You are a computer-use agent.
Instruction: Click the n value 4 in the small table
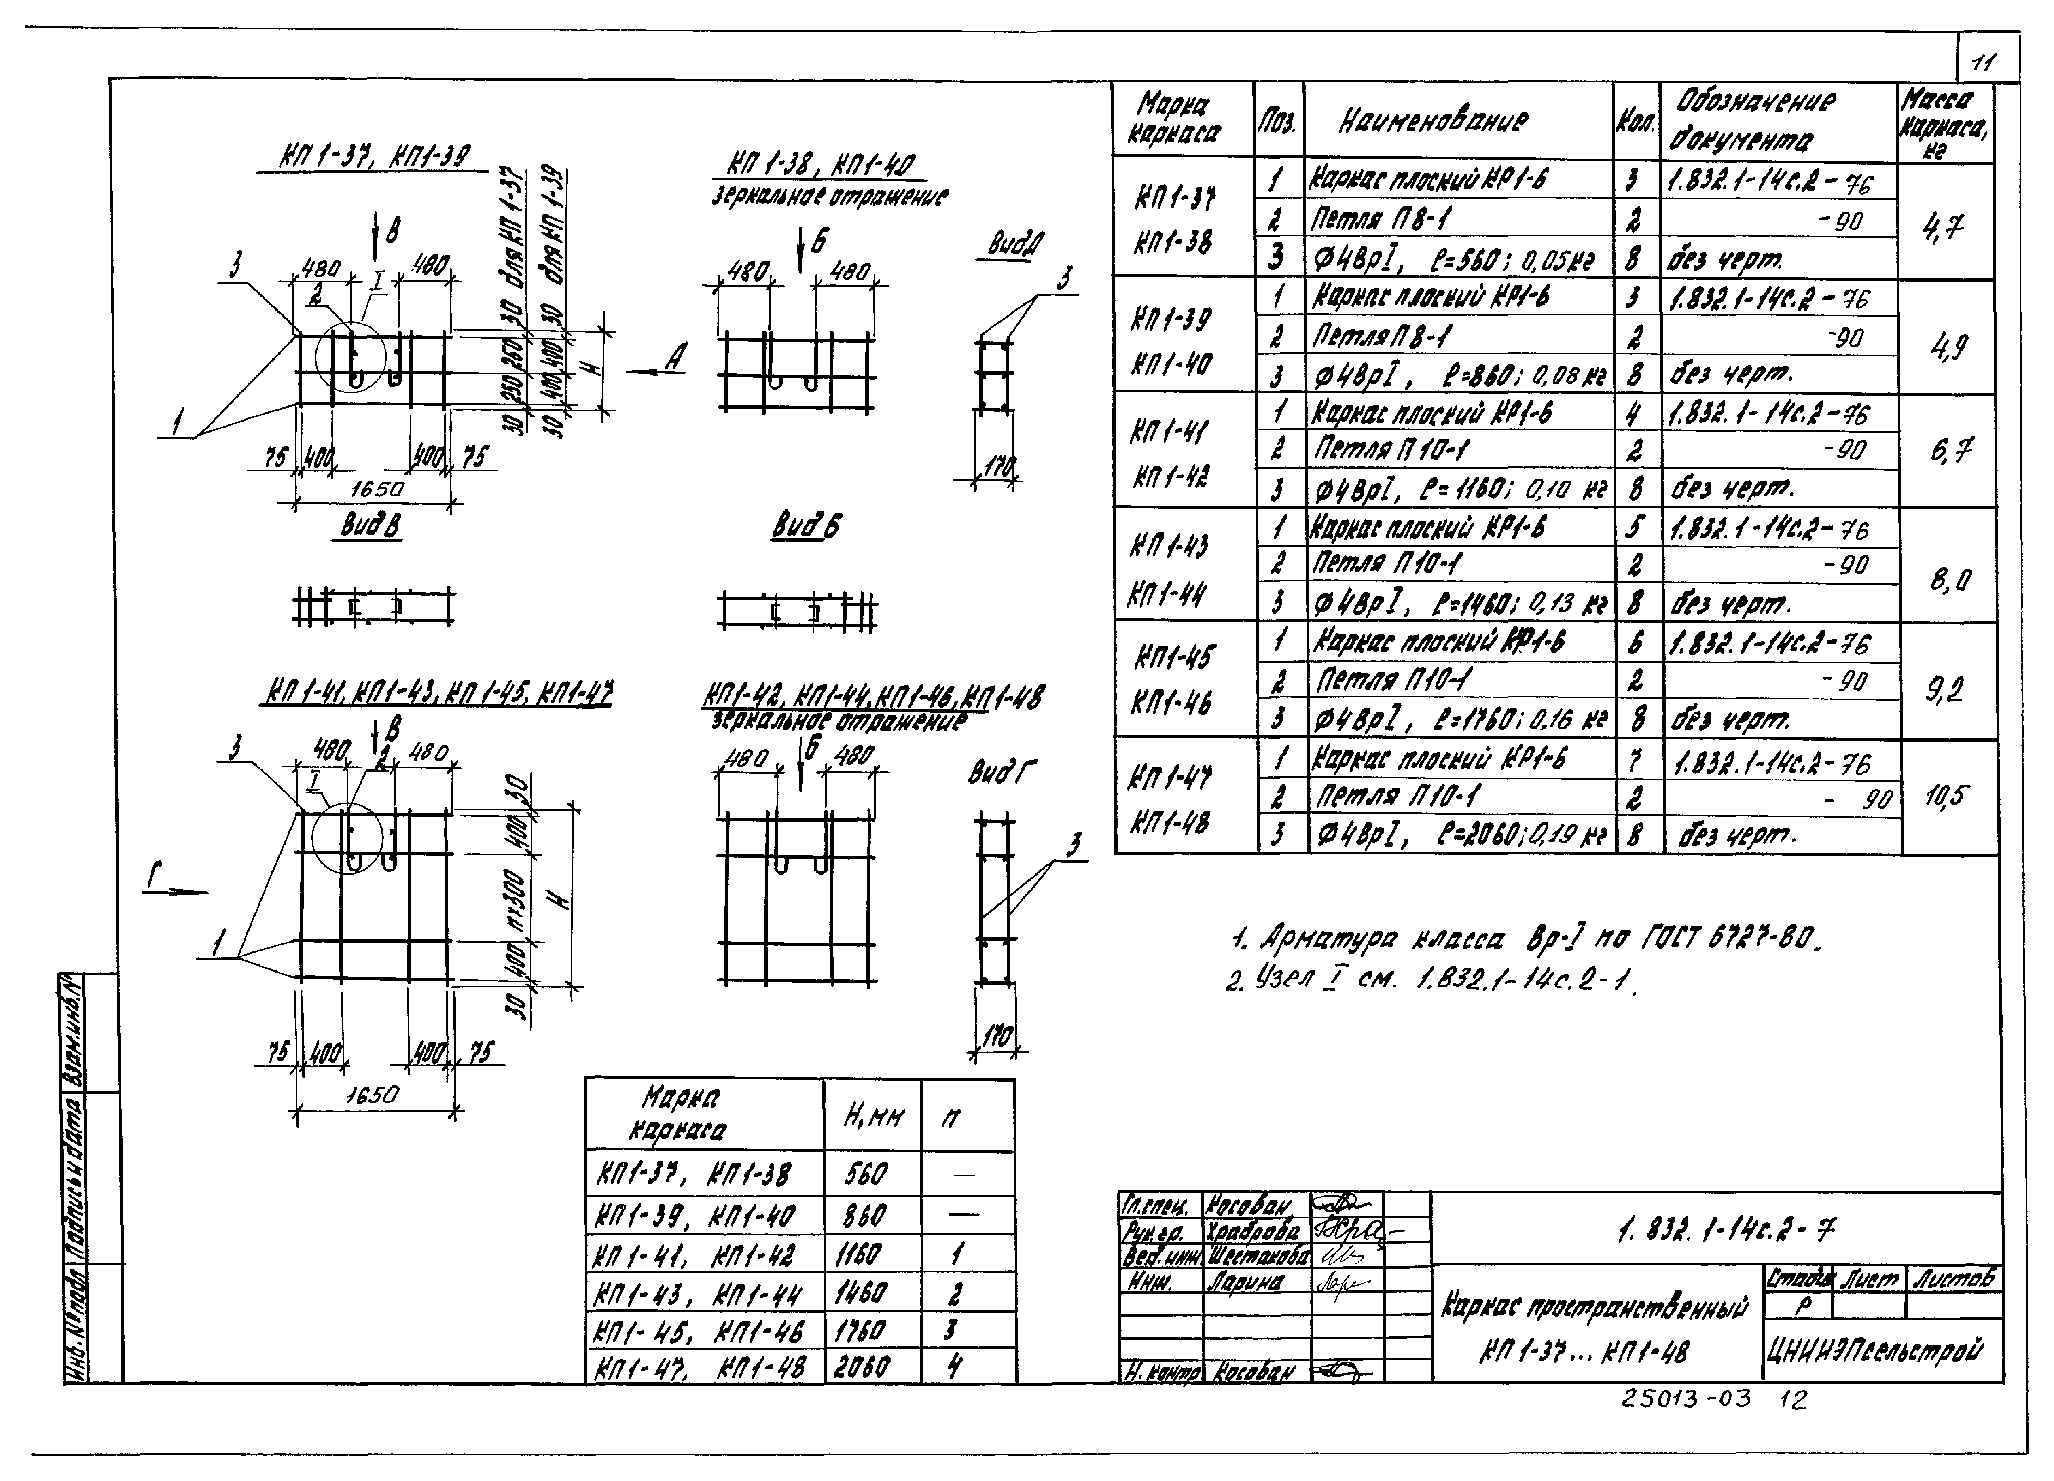pos(954,1367)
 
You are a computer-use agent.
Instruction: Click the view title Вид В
pos(371,526)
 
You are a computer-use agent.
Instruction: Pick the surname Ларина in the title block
pos(1245,1283)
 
